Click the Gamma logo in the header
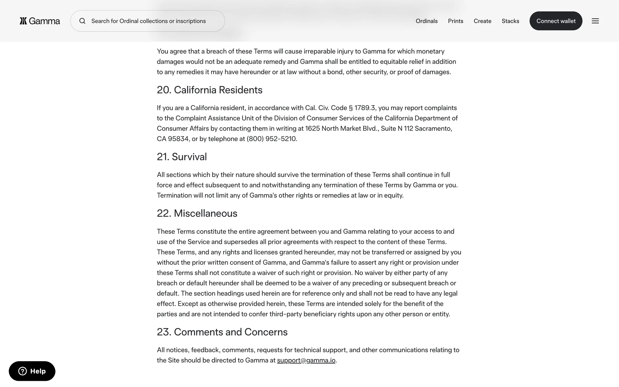(x=40, y=21)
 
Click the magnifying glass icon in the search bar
(x=83, y=21)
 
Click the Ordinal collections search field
(x=148, y=21)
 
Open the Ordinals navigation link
(x=427, y=21)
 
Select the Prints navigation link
(x=456, y=21)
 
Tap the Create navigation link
(x=482, y=21)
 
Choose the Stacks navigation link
(x=510, y=21)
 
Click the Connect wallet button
(x=556, y=21)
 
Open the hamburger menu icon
(x=595, y=21)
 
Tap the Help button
(x=32, y=371)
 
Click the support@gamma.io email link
(x=306, y=360)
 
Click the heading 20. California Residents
(x=210, y=90)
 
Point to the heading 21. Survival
(x=182, y=157)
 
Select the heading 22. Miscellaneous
(x=197, y=213)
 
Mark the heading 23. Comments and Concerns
(x=222, y=332)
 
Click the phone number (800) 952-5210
(x=271, y=139)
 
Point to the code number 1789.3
(x=365, y=108)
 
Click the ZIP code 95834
(x=178, y=139)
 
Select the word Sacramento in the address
(x=433, y=129)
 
